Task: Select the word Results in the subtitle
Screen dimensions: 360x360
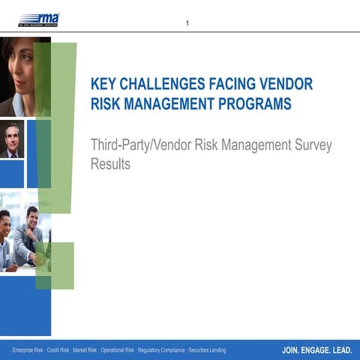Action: [x=110, y=164]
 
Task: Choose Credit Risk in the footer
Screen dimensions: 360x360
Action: [x=59, y=350]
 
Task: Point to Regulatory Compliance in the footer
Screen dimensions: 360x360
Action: [x=161, y=350]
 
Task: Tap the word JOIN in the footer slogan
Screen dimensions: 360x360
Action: [x=292, y=350]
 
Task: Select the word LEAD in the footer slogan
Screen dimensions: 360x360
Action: [x=343, y=350]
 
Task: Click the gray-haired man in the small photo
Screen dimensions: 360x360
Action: [x=11, y=139]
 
